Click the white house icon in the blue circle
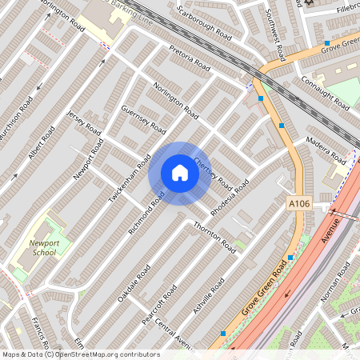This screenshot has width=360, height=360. point(180,173)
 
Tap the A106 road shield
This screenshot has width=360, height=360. point(298,205)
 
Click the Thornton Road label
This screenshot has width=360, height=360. point(216,238)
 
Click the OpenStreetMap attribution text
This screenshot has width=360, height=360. point(80,354)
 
